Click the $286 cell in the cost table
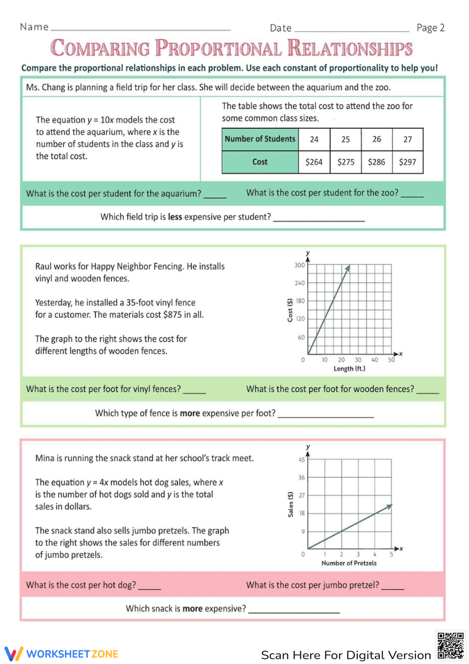(377, 162)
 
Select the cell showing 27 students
(408, 139)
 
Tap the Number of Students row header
(260, 139)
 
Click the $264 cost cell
(314, 162)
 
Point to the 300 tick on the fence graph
(299, 265)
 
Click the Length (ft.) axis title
(349, 369)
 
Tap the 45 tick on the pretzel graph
(302, 460)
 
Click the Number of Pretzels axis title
(349, 563)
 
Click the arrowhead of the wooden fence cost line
(348, 268)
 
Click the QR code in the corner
(450, 646)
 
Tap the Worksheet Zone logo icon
(14, 654)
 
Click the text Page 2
(430, 28)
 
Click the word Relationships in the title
(350, 48)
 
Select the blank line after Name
(141, 29)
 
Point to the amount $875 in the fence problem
(172, 315)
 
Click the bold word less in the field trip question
(175, 217)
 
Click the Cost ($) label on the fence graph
(290, 310)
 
